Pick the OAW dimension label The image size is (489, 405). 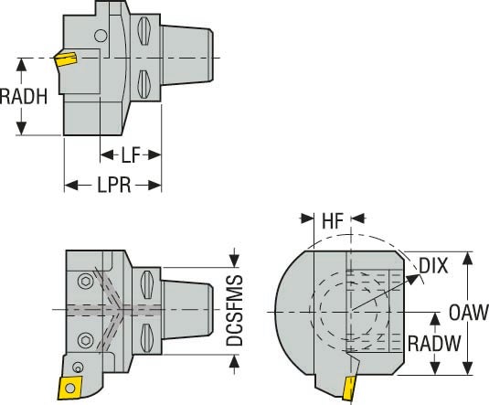[x=468, y=313]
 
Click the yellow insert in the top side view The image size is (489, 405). [x=65, y=60]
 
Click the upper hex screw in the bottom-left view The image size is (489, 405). [x=86, y=280]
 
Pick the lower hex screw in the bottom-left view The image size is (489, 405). [x=86, y=340]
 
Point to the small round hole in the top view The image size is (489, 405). [x=100, y=37]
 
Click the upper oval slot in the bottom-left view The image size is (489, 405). [x=148, y=282]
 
